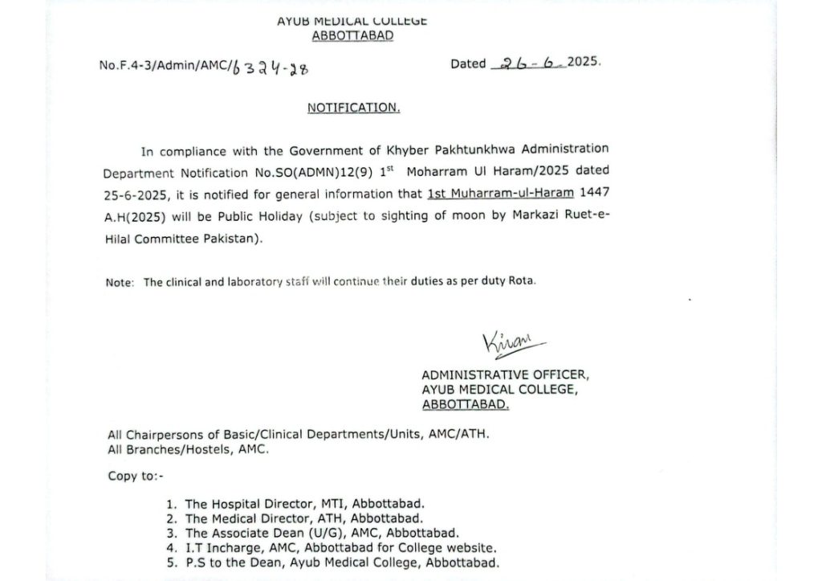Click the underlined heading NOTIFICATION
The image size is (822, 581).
click(x=353, y=108)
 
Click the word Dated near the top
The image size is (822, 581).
click(x=468, y=63)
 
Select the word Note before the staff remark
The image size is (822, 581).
click(x=118, y=282)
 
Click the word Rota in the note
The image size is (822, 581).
click(x=519, y=281)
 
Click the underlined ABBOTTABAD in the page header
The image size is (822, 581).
click(x=352, y=35)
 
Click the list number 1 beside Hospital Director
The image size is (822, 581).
click(x=170, y=505)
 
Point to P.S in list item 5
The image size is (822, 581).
click(x=193, y=563)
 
